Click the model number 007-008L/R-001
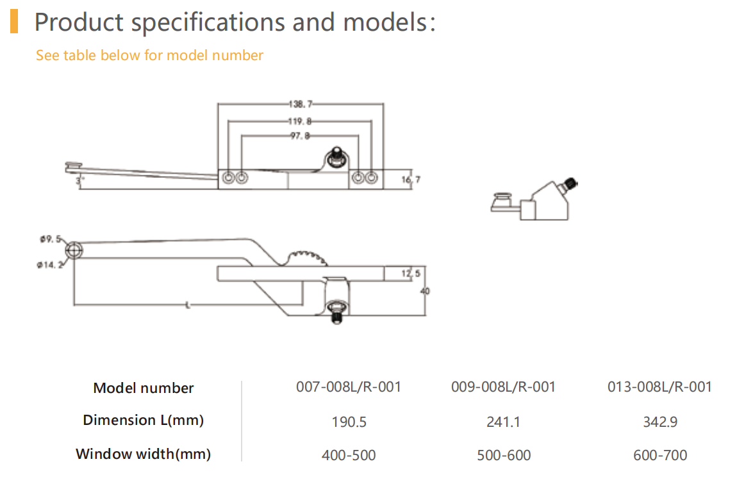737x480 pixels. (349, 387)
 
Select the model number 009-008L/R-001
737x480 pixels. (504, 387)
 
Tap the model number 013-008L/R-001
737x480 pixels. (659, 387)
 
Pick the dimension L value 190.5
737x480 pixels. (349, 422)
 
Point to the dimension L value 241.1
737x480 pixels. (504, 422)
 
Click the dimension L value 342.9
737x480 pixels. (659, 422)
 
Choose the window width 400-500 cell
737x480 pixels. (349, 455)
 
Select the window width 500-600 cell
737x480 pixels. (504, 455)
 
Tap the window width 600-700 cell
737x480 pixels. (659, 455)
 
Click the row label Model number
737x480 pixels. (143, 388)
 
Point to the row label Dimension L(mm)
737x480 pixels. (143, 420)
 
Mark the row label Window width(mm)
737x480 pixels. (143, 454)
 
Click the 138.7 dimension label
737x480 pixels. (299, 103)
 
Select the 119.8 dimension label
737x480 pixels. (299, 120)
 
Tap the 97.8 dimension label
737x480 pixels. (299, 136)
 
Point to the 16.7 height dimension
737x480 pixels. (411, 180)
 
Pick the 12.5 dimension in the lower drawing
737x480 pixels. (411, 274)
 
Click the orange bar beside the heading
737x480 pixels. (14, 21)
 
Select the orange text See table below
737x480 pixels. (149, 56)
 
